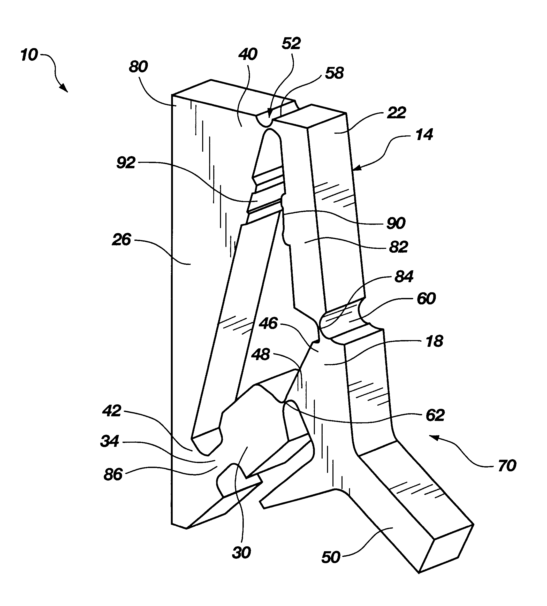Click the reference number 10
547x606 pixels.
(x=29, y=55)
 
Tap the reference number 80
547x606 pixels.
(x=138, y=66)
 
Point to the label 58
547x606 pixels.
(x=335, y=73)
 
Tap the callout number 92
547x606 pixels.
(x=126, y=163)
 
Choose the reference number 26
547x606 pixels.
(x=121, y=240)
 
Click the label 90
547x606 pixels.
(x=396, y=223)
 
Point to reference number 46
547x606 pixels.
(x=268, y=324)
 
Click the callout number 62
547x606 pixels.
(x=435, y=416)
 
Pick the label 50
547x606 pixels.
(x=331, y=558)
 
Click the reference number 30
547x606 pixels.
(x=241, y=553)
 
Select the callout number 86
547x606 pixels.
(x=113, y=475)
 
